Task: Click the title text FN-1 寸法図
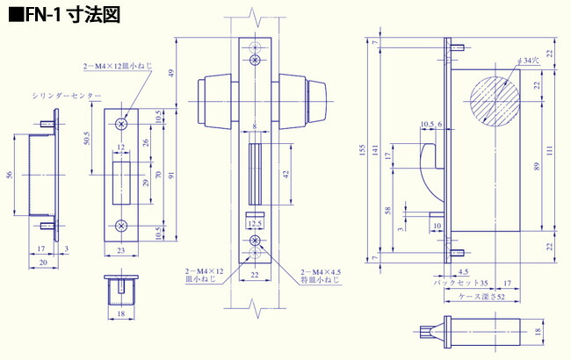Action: click(62, 15)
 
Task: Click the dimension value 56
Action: click(10, 175)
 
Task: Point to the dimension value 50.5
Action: click(87, 139)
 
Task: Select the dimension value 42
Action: click(286, 173)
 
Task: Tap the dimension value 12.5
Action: click(253, 224)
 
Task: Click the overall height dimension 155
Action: click(361, 149)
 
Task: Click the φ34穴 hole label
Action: click(528, 61)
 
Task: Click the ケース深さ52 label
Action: click(483, 297)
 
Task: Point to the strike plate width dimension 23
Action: click(121, 252)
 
